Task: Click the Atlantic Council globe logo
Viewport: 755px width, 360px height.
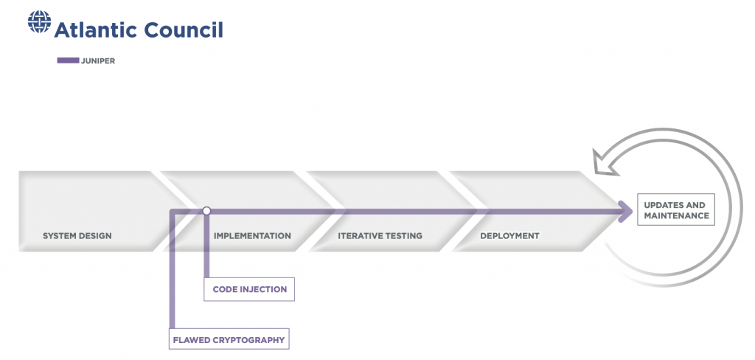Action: click(x=40, y=21)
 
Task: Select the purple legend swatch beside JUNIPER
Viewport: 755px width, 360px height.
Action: click(x=68, y=60)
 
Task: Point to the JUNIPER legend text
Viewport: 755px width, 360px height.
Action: click(x=98, y=61)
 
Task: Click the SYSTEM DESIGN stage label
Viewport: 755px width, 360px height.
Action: click(x=77, y=235)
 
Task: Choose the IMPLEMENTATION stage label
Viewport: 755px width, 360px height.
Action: click(x=252, y=235)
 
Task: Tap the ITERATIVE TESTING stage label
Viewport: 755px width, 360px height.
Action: click(x=380, y=235)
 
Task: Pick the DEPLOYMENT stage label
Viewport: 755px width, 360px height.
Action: click(x=510, y=235)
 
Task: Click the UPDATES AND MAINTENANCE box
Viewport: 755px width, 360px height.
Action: click(x=676, y=210)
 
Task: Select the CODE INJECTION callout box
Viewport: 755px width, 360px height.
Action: click(x=249, y=289)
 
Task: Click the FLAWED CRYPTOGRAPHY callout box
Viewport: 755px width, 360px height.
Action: click(x=229, y=339)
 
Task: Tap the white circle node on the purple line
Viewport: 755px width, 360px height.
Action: click(x=206, y=210)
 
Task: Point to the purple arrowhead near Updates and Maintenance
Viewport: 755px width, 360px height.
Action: click(x=625, y=211)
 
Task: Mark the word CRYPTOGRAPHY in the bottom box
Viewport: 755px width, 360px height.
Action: click(x=253, y=340)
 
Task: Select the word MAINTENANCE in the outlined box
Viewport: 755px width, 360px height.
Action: click(x=677, y=215)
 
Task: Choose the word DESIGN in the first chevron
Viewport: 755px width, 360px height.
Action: click(x=95, y=235)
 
